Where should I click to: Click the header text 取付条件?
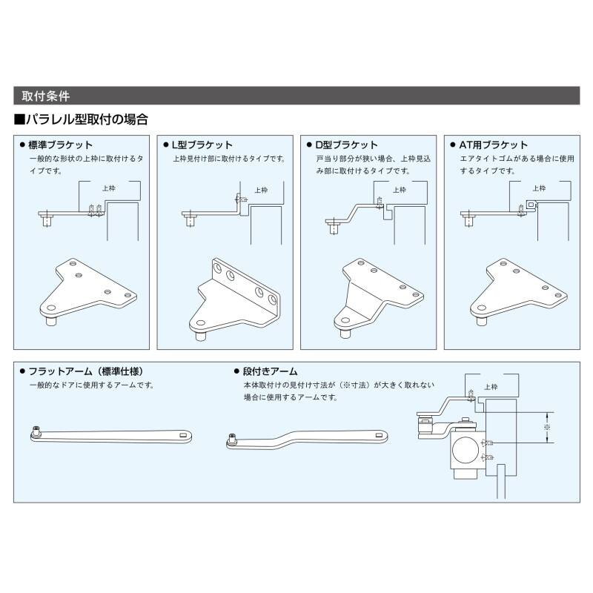[x=46, y=96]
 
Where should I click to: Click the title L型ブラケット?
[x=202, y=145]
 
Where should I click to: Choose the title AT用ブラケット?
[x=494, y=145]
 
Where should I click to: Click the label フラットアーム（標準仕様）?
[x=90, y=371]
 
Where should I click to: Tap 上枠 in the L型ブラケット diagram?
[x=261, y=190]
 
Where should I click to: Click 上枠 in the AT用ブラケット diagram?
[x=540, y=189]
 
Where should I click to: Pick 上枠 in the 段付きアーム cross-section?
[x=490, y=387]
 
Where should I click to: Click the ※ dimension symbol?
[x=547, y=428]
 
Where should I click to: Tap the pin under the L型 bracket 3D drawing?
[x=202, y=334]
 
